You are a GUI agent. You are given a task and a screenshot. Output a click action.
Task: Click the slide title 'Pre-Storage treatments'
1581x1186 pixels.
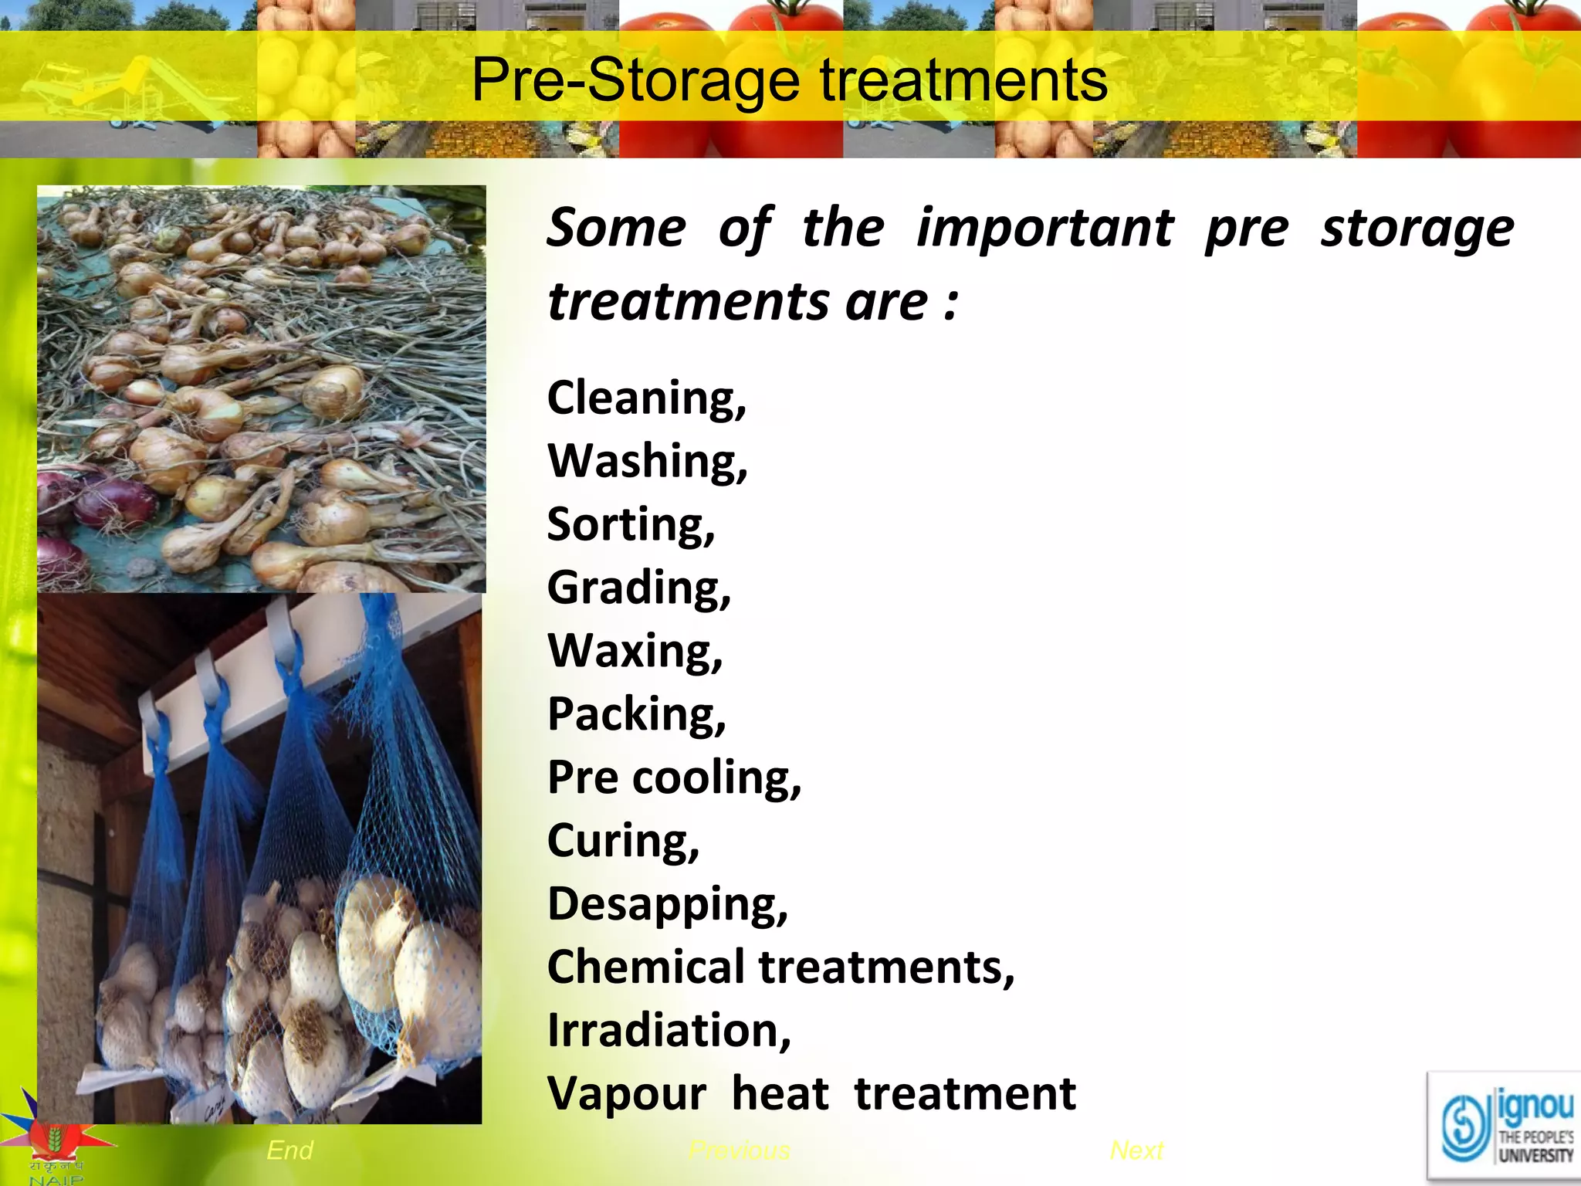point(789,80)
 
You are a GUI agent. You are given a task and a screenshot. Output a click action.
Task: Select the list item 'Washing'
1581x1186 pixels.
point(647,462)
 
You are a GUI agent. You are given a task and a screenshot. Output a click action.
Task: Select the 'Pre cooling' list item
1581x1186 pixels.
point(674,778)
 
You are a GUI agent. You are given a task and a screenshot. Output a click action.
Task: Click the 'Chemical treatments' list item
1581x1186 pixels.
point(780,967)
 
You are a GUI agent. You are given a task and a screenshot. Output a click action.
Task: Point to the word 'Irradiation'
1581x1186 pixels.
point(669,1031)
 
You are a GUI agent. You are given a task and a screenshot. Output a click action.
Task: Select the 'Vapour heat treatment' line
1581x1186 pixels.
point(811,1094)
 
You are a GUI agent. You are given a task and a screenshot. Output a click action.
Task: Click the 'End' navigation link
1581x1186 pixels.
point(289,1150)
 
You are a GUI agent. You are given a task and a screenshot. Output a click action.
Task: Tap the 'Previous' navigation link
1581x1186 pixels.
point(740,1151)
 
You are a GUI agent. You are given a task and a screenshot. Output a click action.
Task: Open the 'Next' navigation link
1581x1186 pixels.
point(1136,1150)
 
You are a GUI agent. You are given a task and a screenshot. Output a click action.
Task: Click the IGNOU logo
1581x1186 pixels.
point(1505,1128)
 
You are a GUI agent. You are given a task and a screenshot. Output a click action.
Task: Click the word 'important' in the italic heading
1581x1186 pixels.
point(1044,229)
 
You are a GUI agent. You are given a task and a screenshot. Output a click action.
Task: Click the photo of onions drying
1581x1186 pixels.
point(261,388)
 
